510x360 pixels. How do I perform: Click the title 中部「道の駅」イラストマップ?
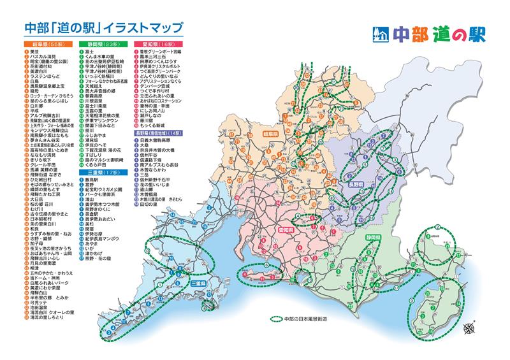coord(103,28)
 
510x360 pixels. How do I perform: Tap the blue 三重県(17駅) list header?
coord(102,172)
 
